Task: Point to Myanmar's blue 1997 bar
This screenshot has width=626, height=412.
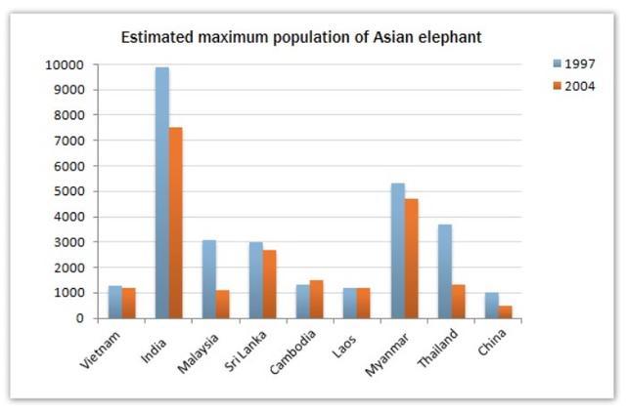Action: point(398,250)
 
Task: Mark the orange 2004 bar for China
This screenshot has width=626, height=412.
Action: point(505,311)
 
